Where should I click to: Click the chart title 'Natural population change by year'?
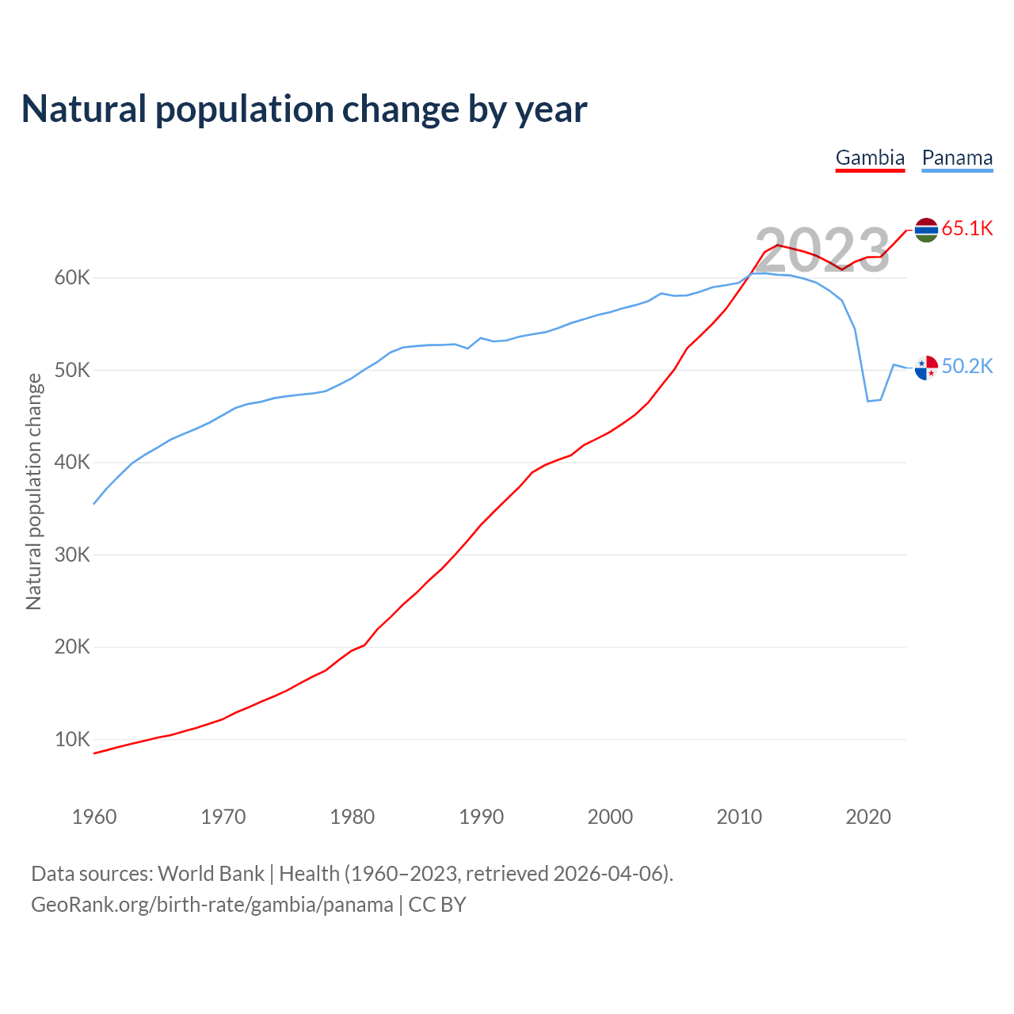point(304,109)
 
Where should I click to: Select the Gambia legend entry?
point(870,158)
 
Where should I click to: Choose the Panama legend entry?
point(957,158)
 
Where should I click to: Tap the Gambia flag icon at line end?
point(926,230)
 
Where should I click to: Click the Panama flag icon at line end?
point(926,368)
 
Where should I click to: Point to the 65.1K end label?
point(967,229)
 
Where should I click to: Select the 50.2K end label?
point(967,366)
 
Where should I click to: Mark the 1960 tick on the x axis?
point(94,817)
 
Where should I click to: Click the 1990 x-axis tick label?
point(482,817)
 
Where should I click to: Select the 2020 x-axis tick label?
point(868,817)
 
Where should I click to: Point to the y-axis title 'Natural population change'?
point(34,491)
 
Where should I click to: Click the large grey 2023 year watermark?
point(822,250)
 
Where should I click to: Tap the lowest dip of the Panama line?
point(868,401)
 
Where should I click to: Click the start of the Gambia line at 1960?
point(94,753)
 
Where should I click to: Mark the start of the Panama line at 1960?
point(94,504)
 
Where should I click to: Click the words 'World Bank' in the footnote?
point(211,874)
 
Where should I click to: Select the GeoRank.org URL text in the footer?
point(212,905)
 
